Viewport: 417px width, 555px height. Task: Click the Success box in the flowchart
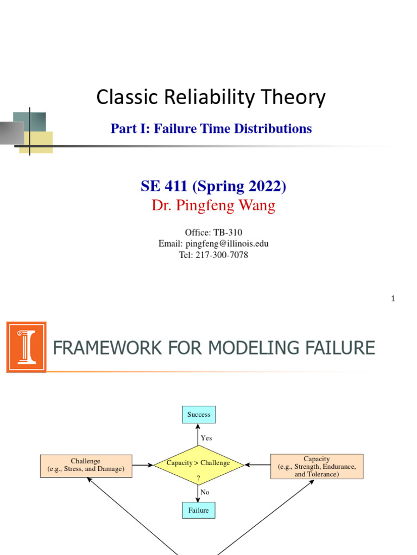199,415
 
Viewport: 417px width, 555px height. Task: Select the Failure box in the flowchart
199,511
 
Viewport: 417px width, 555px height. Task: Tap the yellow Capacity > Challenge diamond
198,463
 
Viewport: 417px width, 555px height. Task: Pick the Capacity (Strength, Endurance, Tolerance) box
317,466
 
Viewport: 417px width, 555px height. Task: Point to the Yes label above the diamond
206,438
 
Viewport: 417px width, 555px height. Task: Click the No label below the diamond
205,492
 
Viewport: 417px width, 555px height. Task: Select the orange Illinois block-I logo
26,347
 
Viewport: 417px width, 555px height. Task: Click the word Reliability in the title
205,98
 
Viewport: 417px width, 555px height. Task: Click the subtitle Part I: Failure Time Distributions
211,128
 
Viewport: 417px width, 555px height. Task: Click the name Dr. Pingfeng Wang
213,206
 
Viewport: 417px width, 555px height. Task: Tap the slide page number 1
393,299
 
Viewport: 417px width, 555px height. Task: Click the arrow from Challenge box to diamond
142,464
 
